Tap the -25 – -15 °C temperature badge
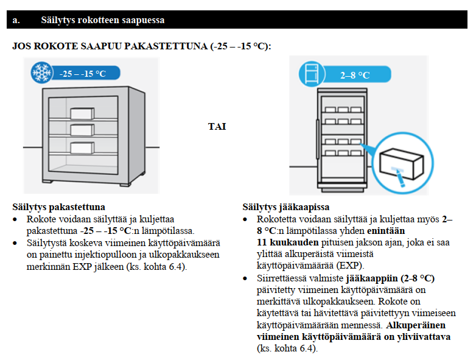(x=83, y=74)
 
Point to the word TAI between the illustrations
(x=217, y=126)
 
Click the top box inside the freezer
(x=82, y=113)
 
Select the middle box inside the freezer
(x=82, y=129)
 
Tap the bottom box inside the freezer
(x=82, y=147)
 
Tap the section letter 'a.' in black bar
(x=16, y=20)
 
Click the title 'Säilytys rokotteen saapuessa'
(x=102, y=20)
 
